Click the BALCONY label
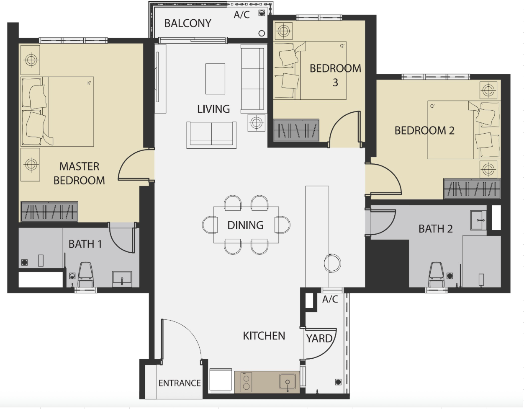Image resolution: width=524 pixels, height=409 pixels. coord(188,23)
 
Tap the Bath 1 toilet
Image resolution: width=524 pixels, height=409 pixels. coord(86,274)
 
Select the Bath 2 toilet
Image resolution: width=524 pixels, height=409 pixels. coord(437,275)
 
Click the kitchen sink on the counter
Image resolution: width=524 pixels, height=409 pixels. coord(288,382)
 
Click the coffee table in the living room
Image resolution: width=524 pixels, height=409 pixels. coord(215,79)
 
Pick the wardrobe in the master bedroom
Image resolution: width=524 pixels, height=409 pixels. coord(49,212)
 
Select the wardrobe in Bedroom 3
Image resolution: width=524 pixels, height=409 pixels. coord(296,130)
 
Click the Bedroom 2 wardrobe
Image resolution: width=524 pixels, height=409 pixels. coord(472,189)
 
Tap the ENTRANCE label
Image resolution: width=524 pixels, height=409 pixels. coord(180,383)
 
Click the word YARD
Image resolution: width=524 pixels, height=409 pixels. coord(319,339)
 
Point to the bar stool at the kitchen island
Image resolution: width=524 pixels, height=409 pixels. coord(332,263)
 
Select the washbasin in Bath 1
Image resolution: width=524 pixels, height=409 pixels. coord(122,279)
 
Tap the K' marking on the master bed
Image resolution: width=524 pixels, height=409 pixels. coord(89,83)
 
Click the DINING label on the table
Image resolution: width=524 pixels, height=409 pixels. coord(245,225)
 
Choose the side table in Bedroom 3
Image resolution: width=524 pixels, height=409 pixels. coord(284,31)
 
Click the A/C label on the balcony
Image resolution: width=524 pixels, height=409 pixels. coord(241,15)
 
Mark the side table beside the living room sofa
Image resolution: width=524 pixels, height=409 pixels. coord(256,123)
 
